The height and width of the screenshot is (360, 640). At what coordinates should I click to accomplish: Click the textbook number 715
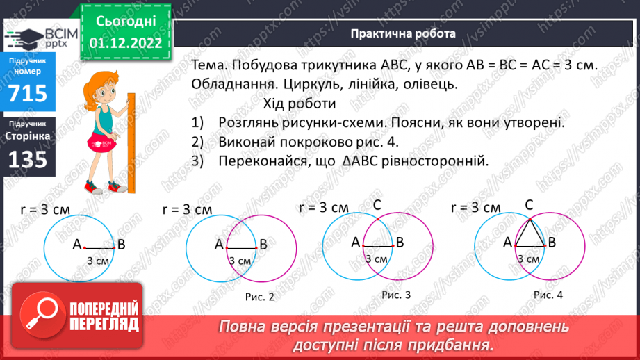[28, 92]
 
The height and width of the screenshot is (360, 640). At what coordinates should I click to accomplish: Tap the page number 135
[28, 160]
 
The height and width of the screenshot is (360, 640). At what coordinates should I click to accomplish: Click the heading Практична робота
[403, 33]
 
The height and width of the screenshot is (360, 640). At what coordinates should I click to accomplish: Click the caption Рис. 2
[260, 297]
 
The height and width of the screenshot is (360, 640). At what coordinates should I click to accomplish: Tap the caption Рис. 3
[396, 295]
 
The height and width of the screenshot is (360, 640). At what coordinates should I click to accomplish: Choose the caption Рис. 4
[548, 295]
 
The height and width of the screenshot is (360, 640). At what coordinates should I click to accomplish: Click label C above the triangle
[529, 204]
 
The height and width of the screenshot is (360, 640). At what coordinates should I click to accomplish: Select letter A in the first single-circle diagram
[77, 244]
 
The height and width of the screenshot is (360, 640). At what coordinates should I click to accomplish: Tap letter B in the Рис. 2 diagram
[263, 244]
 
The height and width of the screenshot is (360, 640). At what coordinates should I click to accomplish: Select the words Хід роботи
[300, 104]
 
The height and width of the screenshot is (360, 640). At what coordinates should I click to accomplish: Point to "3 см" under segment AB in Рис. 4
[529, 259]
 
